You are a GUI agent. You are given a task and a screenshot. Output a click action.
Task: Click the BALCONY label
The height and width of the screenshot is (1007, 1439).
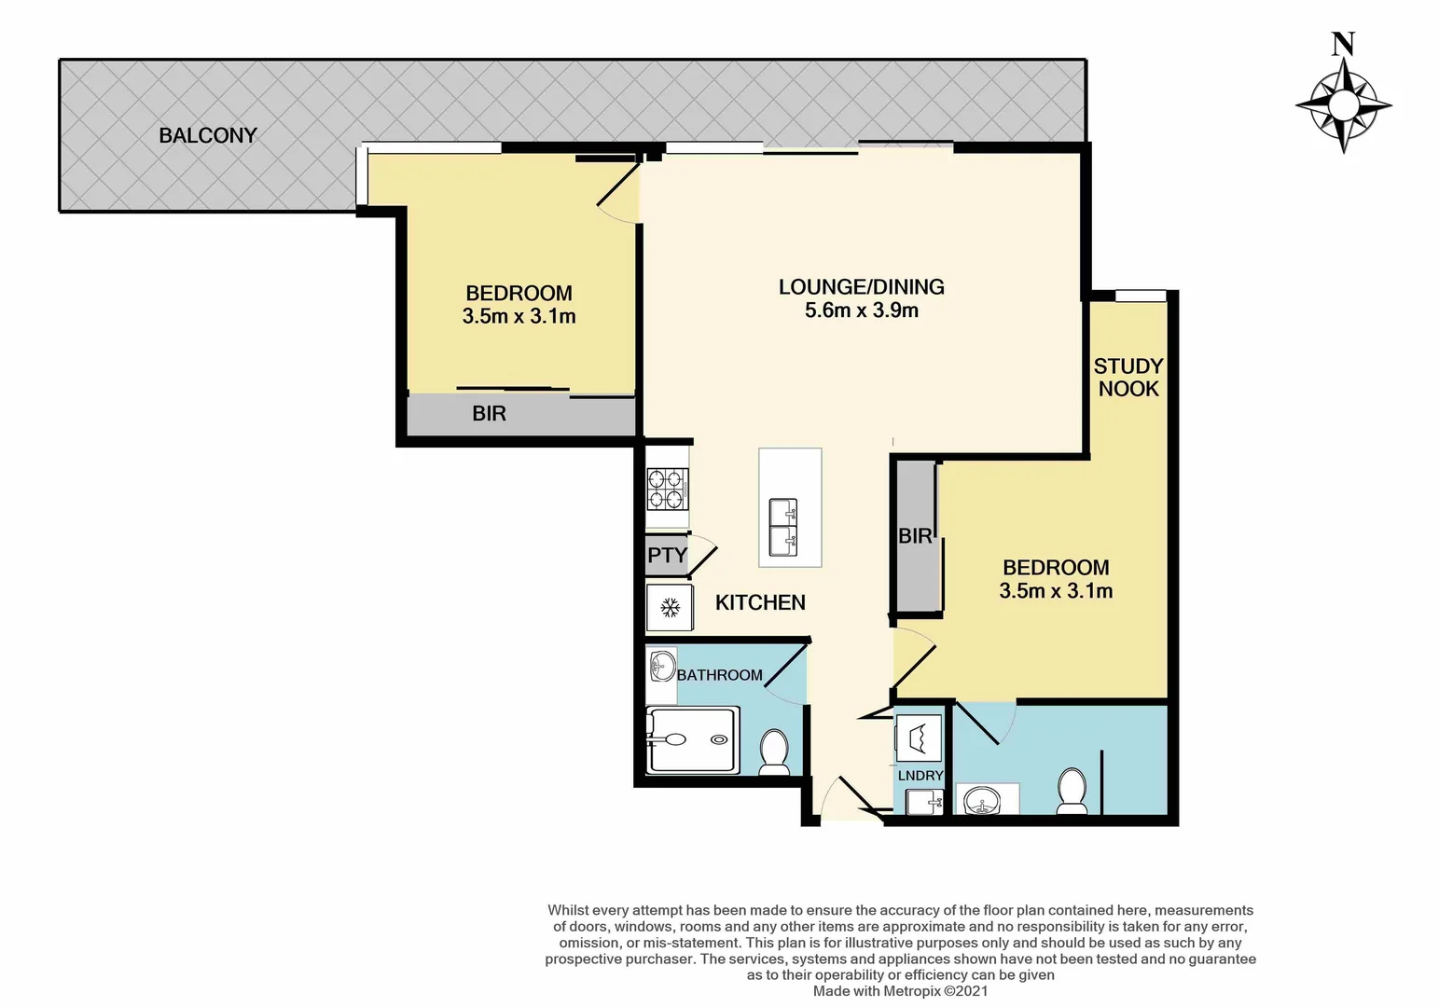[x=207, y=135]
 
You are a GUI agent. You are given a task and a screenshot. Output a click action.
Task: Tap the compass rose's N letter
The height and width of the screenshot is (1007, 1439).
[x=1342, y=44]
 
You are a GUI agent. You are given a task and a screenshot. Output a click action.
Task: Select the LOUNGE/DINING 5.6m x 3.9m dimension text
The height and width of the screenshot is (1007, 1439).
[x=861, y=310]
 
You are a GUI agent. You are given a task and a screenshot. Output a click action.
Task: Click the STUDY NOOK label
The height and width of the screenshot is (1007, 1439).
[x=1128, y=378]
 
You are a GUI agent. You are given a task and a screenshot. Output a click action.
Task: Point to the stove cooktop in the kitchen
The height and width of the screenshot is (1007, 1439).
[x=668, y=490]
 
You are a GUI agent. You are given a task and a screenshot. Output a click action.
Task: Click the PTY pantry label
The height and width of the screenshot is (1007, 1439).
[x=667, y=556]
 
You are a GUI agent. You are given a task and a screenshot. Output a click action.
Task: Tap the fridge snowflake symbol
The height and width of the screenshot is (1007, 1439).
[x=669, y=609]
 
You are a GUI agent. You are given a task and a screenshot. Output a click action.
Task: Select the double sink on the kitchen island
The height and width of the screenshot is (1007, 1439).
[x=783, y=527]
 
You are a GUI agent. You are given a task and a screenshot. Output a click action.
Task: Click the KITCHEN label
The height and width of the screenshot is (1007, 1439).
[x=760, y=602]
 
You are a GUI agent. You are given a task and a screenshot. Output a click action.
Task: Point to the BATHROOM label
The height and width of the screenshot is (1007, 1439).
[x=719, y=675]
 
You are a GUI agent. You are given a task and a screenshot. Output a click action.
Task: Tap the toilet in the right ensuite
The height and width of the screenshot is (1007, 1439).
[x=1072, y=790]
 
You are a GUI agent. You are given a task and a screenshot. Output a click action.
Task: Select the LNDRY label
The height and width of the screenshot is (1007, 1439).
[x=920, y=776]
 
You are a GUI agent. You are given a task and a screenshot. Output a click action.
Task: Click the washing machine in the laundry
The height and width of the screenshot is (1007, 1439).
[x=918, y=738]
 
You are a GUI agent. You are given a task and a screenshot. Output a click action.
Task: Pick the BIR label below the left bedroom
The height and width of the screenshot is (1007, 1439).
[x=489, y=414]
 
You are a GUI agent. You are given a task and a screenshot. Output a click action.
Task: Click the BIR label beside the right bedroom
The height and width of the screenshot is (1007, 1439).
[x=915, y=536]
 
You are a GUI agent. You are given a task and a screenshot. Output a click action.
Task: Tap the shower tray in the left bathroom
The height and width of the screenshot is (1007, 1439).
[x=694, y=740]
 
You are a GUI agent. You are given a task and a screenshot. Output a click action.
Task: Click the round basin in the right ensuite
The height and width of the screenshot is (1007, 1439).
[x=981, y=800]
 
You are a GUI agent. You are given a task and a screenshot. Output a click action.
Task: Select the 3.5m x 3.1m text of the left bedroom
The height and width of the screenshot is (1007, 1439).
[x=519, y=317]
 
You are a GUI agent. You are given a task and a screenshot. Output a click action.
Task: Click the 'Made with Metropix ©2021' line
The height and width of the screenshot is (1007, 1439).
[x=900, y=991]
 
